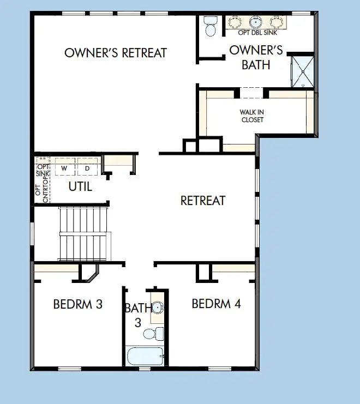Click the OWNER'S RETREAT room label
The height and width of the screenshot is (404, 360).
[116, 53]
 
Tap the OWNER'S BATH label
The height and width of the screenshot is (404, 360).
[256, 57]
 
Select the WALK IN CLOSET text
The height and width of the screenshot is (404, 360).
[252, 116]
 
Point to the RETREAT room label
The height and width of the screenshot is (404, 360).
[203, 201]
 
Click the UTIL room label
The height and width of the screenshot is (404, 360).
[80, 186]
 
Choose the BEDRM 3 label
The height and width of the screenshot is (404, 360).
[78, 304]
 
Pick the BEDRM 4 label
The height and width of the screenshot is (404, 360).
[216, 304]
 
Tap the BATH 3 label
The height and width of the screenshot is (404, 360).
[137, 315]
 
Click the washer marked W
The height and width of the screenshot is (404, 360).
[64, 167]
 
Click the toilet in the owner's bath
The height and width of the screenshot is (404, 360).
[210, 26]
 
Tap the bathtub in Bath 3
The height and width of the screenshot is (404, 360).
[145, 357]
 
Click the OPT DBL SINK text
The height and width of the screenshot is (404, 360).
[256, 33]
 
